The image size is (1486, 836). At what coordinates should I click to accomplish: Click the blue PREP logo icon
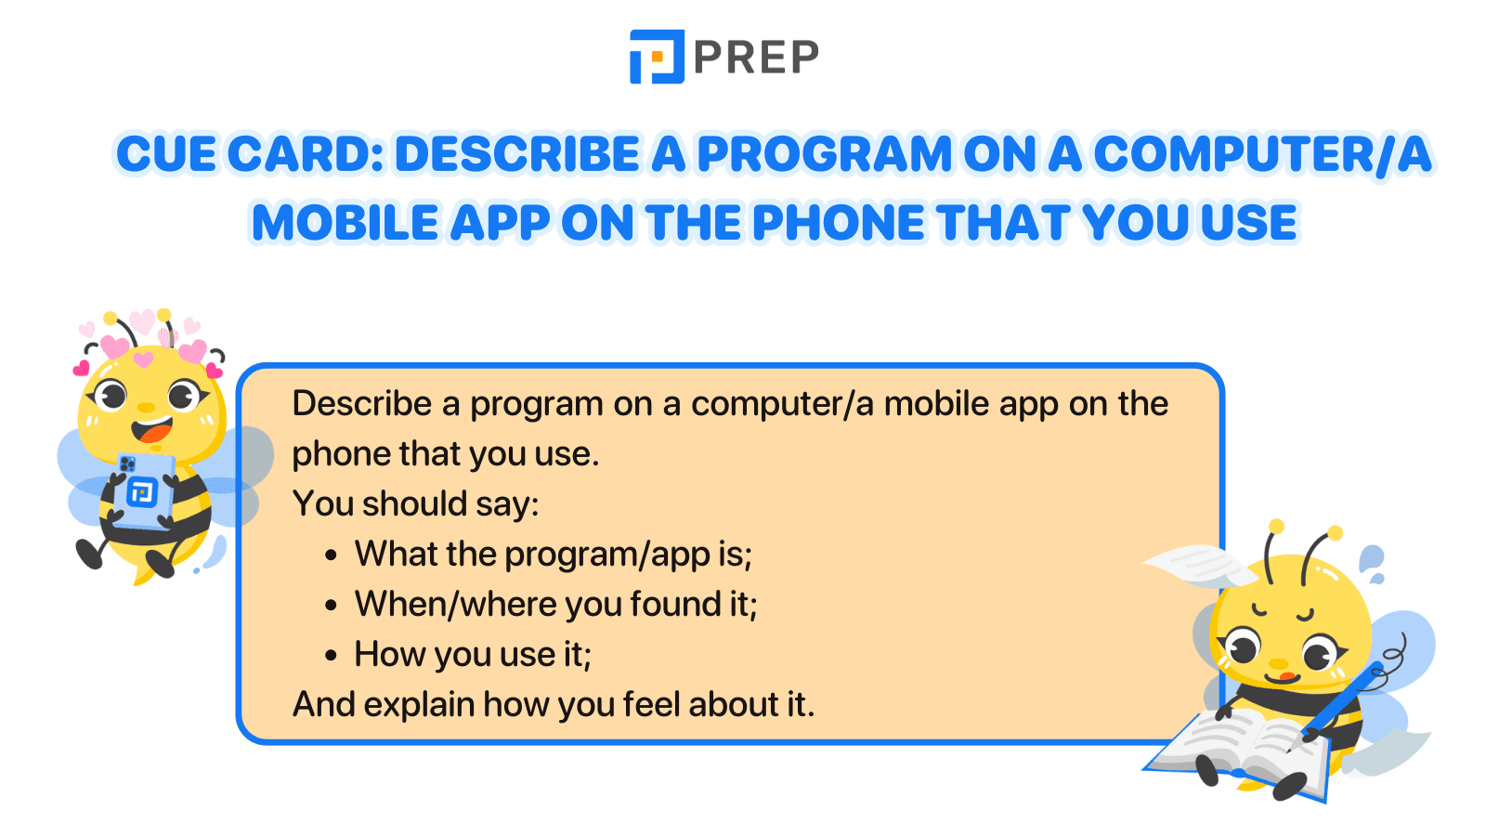click(657, 57)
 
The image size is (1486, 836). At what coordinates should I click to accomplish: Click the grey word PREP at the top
click(756, 57)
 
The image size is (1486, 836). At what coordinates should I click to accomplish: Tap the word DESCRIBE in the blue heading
click(517, 154)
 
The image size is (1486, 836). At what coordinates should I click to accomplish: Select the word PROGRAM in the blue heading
click(825, 154)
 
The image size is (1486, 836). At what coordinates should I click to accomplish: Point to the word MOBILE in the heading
click(345, 222)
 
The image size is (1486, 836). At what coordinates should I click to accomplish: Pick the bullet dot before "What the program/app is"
click(332, 555)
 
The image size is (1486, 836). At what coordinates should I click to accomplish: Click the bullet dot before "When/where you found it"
click(332, 605)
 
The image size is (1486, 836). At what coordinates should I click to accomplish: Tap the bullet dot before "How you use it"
click(332, 656)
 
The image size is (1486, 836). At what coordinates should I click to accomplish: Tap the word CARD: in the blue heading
click(306, 154)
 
